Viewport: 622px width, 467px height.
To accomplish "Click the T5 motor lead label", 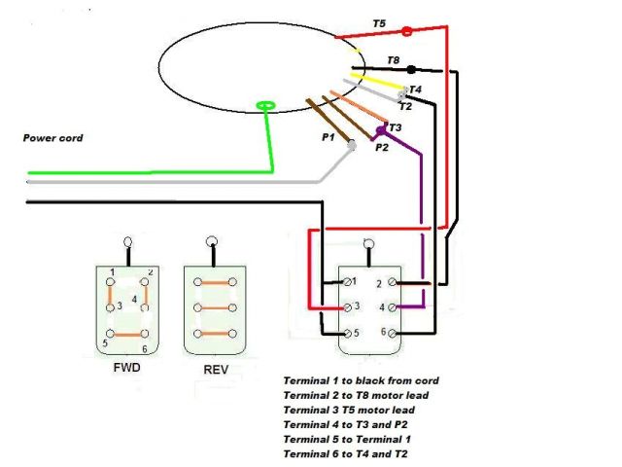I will (x=379, y=22).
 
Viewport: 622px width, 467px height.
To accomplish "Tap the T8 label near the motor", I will (x=393, y=60).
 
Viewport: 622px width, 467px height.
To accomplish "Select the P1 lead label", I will (x=328, y=138).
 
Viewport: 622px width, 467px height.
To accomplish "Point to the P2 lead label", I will (x=382, y=147).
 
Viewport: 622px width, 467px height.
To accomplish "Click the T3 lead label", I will (x=395, y=127).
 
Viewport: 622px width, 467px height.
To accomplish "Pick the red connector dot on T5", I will (x=406, y=32).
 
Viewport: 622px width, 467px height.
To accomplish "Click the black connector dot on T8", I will (x=411, y=70).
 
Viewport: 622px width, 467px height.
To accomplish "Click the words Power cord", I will (x=52, y=138).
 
